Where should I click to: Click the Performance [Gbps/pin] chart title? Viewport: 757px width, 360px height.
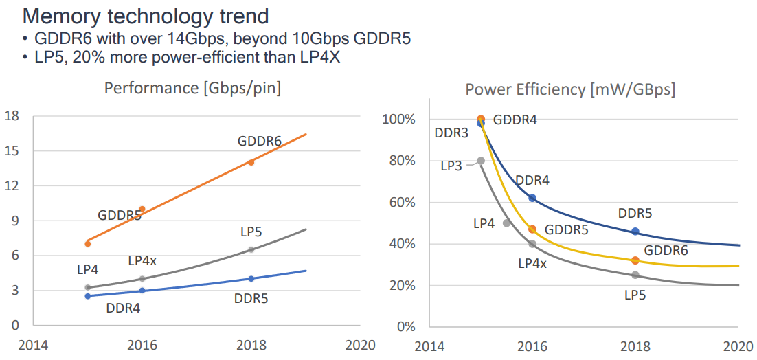[x=192, y=88]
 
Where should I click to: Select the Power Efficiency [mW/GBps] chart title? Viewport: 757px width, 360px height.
[x=570, y=89]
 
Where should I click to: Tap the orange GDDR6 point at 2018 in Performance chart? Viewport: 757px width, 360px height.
[x=251, y=162]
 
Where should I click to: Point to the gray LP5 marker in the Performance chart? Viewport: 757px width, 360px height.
[x=251, y=249]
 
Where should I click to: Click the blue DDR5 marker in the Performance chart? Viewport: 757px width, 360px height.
[x=251, y=278]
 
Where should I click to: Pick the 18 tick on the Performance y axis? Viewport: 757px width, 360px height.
[x=11, y=115]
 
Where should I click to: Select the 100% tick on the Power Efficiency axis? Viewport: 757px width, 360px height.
[x=399, y=120]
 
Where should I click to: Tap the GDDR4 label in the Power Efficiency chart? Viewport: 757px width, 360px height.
[x=515, y=120]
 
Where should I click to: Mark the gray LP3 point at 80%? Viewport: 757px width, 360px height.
[x=481, y=161]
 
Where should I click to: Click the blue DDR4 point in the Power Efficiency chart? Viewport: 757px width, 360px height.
[x=532, y=198]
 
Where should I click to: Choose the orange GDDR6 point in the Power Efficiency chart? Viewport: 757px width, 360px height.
[x=635, y=260]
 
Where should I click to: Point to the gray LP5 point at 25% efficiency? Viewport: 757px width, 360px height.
[x=635, y=275]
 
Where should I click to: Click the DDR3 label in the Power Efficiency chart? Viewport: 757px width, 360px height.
[x=451, y=133]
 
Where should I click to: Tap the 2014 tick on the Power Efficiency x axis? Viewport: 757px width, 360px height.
[x=430, y=346]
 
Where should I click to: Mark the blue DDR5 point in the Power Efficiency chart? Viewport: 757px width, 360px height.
[x=635, y=232]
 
